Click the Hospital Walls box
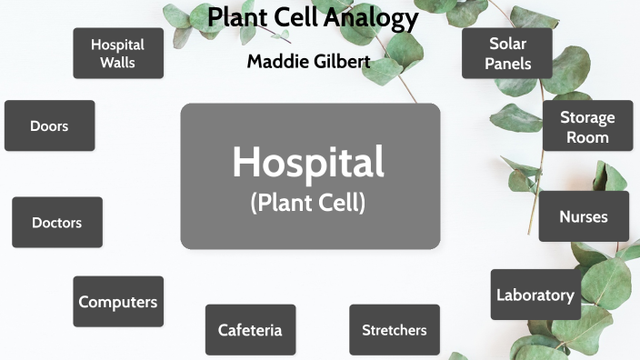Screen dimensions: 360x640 [x=118, y=54]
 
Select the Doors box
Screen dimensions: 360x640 [x=49, y=126]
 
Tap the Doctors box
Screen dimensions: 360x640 [x=57, y=223]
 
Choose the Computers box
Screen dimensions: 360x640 [x=118, y=302]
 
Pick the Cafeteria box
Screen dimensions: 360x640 [x=250, y=330]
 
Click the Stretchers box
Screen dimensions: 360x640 [x=395, y=330]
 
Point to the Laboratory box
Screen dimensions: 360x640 [x=535, y=295]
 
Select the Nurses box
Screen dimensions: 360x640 [x=584, y=216]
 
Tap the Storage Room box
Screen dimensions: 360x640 [x=587, y=127]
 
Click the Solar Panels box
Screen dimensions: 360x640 [x=507, y=54]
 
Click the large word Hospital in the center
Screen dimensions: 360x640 [x=308, y=162]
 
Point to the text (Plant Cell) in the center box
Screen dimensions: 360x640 [x=308, y=203]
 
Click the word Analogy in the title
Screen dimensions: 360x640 [x=375, y=17]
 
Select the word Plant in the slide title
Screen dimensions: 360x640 [x=235, y=17]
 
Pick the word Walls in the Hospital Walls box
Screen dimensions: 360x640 [x=118, y=64]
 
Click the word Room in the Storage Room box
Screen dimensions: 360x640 [x=587, y=137]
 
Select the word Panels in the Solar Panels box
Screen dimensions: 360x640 [x=507, y=64]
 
